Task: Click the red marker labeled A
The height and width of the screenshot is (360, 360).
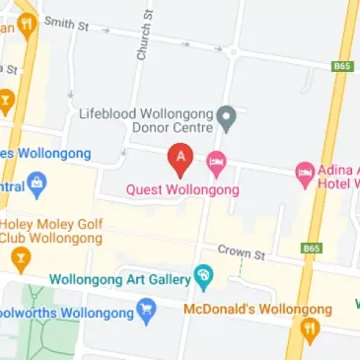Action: (180, 157)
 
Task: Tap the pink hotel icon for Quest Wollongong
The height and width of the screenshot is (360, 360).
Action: (216, 161)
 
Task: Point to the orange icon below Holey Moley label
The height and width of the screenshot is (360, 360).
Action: (20, 260)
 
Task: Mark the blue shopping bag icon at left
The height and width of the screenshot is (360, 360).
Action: (37, 183)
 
